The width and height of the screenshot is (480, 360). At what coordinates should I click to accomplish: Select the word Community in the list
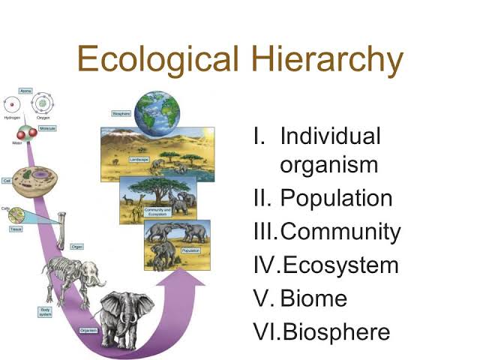click(x=340, y=232)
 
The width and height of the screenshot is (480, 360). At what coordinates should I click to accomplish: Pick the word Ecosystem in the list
click(x=339, y=265)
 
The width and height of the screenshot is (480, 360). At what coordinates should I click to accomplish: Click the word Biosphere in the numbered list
click(x=335, y=331)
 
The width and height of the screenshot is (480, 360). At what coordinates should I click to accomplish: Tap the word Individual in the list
click(x=330, y=136)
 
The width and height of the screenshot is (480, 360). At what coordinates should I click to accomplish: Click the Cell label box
click(x=7, y=181)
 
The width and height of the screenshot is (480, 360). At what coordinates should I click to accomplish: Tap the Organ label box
click(x=76, y=246)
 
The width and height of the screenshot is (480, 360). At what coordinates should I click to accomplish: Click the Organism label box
click(x=88, y=331)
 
